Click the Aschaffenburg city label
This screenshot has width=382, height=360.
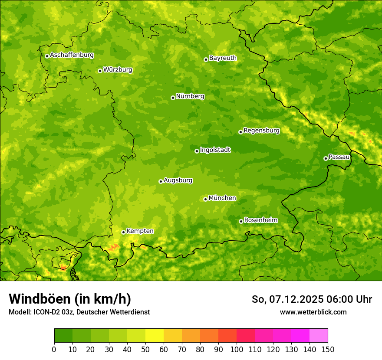point(72,55)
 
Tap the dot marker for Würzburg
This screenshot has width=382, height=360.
point(100,71)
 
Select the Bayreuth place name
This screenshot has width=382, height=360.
point(223,58)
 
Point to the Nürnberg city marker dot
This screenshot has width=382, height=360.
point(173,98)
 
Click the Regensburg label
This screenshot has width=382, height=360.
point(261,130)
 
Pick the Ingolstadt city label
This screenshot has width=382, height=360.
point(215,150)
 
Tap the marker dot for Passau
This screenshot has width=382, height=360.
point(326,158)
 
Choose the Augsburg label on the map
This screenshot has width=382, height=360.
point(178,180)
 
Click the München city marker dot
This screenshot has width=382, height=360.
point(205,199)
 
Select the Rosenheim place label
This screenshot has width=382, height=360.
point(260,220)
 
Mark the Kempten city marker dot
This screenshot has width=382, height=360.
point(123,232)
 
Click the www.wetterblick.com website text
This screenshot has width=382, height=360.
point(313,312)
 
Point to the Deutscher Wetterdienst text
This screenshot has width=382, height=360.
point(121,312)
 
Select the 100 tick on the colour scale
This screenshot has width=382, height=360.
point(237,349)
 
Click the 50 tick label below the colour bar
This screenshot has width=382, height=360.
point(145,349)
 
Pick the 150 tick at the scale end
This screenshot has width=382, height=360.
point(328,349)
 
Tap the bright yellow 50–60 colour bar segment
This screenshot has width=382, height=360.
point(155,336)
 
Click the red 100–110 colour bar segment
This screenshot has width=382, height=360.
point(246,336)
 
